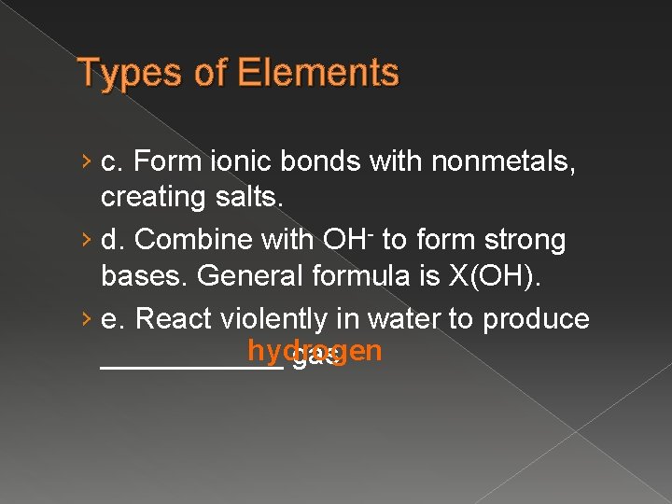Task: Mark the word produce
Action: (x=536, y=319)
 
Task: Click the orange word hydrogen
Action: (x=315, y=351)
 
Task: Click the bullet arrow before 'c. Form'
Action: (x=87, y=162)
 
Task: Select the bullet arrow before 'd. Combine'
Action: (x=87, y=241)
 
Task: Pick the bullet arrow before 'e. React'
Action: (x=87, y=320)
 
